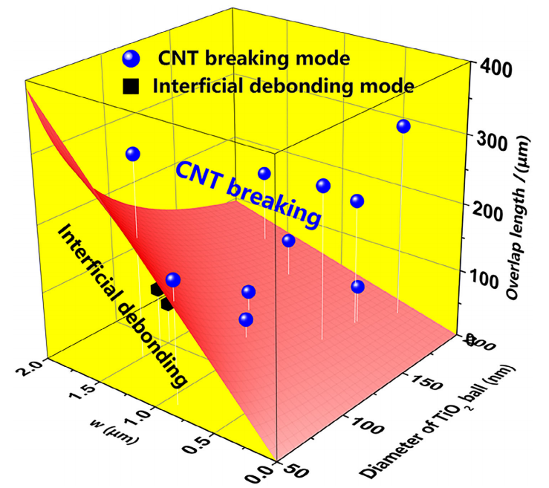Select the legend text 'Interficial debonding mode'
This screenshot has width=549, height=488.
(282, 85)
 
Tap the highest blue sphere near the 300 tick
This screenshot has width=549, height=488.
(403, 126)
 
